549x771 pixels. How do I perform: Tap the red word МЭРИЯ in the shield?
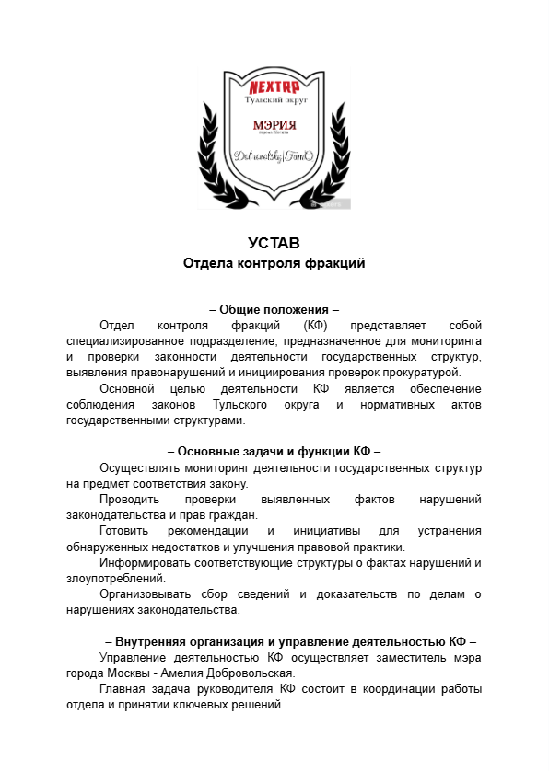(x=274, y=123)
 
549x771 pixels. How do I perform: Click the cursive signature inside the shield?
(x=274, y=157)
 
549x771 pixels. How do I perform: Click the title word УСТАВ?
(x=274, y=244)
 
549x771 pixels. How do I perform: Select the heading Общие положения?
(x=274, y=309)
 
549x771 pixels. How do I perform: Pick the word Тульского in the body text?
(x=241, y=405)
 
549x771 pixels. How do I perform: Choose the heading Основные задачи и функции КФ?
(x=274, y=452)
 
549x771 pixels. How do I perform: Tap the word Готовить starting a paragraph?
(x=124, y=532)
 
